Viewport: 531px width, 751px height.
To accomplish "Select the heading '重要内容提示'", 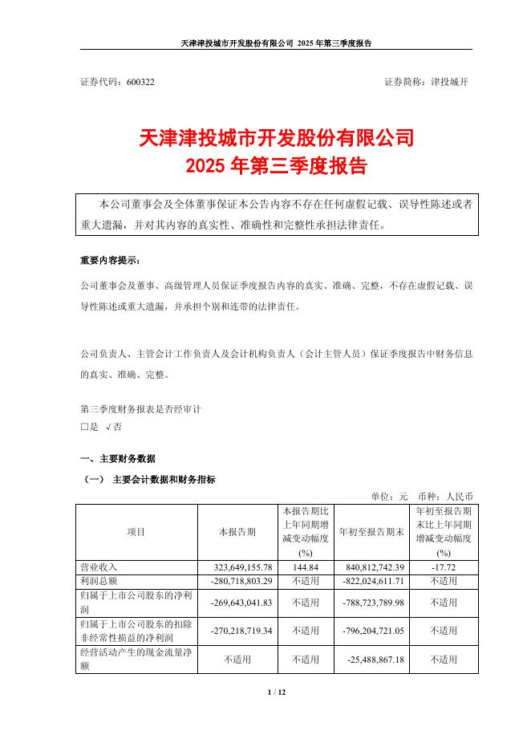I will tap(109, 261).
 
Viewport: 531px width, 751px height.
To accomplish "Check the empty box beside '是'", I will tap(84, 428).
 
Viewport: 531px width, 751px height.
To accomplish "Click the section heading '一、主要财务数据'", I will tap(118, 459).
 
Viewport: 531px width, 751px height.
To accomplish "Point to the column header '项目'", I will tap(136, 531).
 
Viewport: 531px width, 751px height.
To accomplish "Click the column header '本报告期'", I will tap(237, 531).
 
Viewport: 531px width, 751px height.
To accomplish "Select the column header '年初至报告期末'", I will tap(372, 531).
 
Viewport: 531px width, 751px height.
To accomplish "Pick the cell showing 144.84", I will tap(304, 566).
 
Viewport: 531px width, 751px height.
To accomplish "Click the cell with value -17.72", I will tap(444, 566).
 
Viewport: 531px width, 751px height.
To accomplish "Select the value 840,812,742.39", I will tap(372, 566).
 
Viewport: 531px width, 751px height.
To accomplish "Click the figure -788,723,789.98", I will tap(371, 602).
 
